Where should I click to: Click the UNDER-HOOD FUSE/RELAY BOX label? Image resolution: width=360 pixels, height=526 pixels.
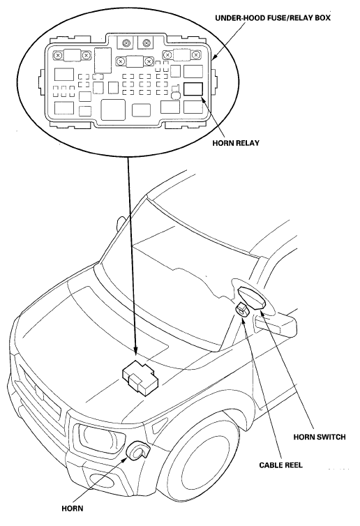click(x=273, y=17)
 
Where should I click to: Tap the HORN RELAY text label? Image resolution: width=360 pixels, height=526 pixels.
click(x=236, y=143)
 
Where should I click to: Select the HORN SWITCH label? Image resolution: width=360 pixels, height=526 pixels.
click(x=320, y=437)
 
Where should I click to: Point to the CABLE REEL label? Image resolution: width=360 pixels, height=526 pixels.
click(x=281, y=465)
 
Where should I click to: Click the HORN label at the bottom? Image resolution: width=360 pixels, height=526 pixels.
click(x=72, y=509)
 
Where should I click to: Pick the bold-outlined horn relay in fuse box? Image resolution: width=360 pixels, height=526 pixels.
click(x=193, y=89)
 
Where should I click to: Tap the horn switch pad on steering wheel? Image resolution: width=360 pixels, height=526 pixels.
click(x=252, y=297)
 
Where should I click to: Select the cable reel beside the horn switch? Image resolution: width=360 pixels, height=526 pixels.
click(x=243, y=309)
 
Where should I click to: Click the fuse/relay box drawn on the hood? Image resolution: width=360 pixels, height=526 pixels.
click(x=140, y=377)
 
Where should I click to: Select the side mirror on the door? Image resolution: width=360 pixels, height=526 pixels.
click(x=276, y=323)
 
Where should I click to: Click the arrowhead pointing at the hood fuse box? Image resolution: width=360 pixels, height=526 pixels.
click(x=135, y=351)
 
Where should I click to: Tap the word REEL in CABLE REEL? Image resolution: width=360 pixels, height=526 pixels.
click(x=293, y=465)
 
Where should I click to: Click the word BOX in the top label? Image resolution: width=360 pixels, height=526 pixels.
click(x=323, y=17)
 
